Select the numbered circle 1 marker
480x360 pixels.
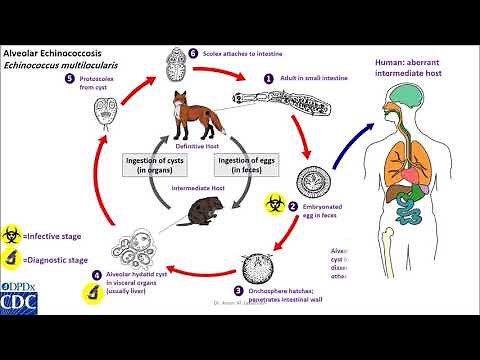[268, 76]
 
